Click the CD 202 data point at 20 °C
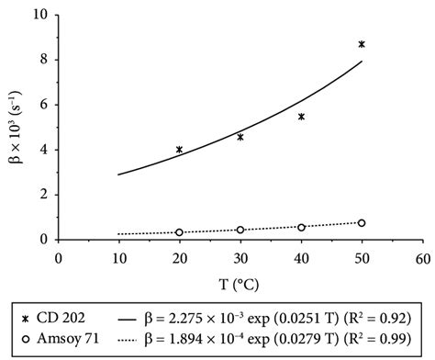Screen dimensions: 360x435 point(179,149)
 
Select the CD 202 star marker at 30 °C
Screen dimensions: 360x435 point(240,137)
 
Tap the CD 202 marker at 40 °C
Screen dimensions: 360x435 point(301,117)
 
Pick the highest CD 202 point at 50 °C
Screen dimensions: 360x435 point(362,44)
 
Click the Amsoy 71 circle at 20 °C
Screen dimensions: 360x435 point(179,232)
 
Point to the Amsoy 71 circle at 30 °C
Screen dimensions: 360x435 point(240,230)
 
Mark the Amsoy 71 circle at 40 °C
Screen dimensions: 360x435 point(301,227)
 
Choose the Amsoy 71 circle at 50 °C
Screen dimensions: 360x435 point(362,223)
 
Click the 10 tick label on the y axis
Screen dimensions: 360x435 point(39,16)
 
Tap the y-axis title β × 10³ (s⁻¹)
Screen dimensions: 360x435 point(13,129)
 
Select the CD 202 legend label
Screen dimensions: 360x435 point(69,317)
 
